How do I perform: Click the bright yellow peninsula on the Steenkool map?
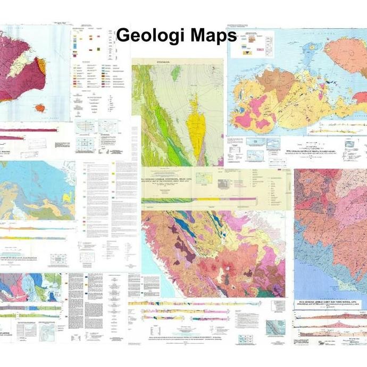tap(196, 133)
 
